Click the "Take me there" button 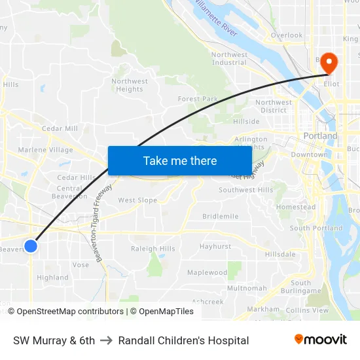coord(179,160)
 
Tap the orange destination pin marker coord(327,63)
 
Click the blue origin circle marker coord(31,246)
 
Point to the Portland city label coord(320,136)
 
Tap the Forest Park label coord(198,99)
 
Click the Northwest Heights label coord(130,85)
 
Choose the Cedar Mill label coord(60,128)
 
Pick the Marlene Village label coord(46,150)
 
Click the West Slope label coord(137,200)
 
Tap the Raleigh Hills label coord(153,249)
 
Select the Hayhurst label coord(215,247)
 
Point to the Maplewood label coord(207,272)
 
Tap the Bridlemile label coord(221,216)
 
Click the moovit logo coord(320,340)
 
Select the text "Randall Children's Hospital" coord(183,340)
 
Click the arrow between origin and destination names coord(106,340)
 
